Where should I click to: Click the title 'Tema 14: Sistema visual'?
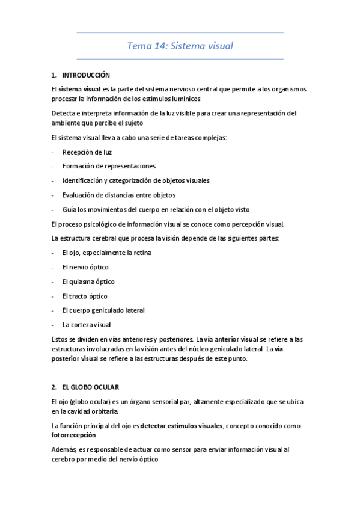pyautogui.click(x=180, y=45)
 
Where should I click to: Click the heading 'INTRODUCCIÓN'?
pyautogui.click(x=86, y=75)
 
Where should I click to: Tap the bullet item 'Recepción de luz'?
pyautogui.click(x=87, y=152)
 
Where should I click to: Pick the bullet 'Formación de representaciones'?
pyautogui.click(x=108, y=166)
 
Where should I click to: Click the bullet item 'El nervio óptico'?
pyautogui.click(x=85, y=267)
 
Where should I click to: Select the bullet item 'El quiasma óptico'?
pyautogui.click(x=88, y=281)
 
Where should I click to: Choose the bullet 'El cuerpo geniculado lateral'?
pyautogui.click(x=103, y=310)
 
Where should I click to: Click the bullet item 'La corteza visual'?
pyautogui.click(x=86, y=325)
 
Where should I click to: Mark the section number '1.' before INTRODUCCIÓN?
pyautogui.click(x=54, y=75)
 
